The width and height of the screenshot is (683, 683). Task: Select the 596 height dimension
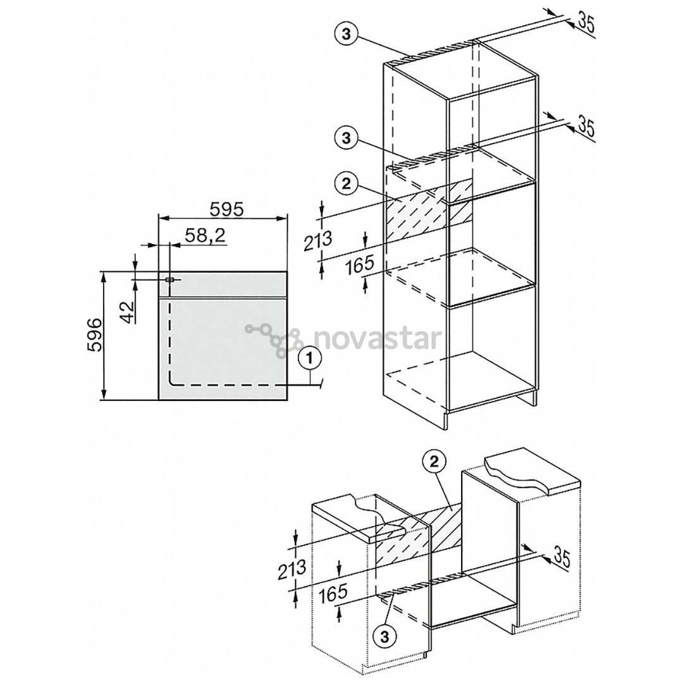[94, 335]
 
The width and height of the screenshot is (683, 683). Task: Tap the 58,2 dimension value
[205, 235]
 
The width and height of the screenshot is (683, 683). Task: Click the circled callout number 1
[310, 359]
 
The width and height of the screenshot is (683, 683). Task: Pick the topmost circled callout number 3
[347, 34]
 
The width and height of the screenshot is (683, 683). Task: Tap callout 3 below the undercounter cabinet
[385, 637]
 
